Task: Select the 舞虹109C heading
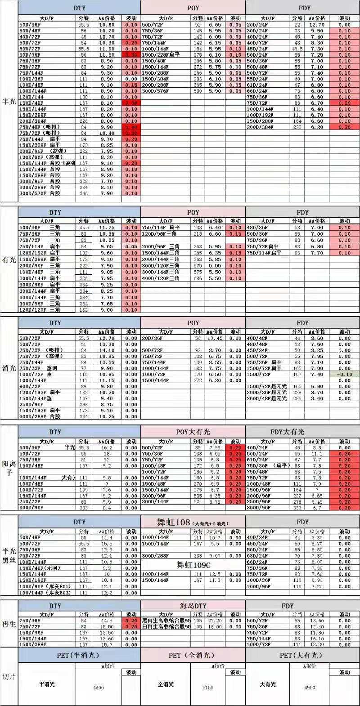point(193,565)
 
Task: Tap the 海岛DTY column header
point(193,606)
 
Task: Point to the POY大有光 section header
point(193,432)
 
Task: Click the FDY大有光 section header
point(288,432)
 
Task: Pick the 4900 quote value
point(98,688)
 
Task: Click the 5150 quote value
point(207,688)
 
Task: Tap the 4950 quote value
point(310,688)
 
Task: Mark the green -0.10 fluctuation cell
point(344,374)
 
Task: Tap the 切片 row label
point(9,676)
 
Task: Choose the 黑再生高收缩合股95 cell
point(166,621)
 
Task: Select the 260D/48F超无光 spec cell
point(267,398)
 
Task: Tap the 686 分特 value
point(198,278)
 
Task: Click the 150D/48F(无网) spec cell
point(40,568)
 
